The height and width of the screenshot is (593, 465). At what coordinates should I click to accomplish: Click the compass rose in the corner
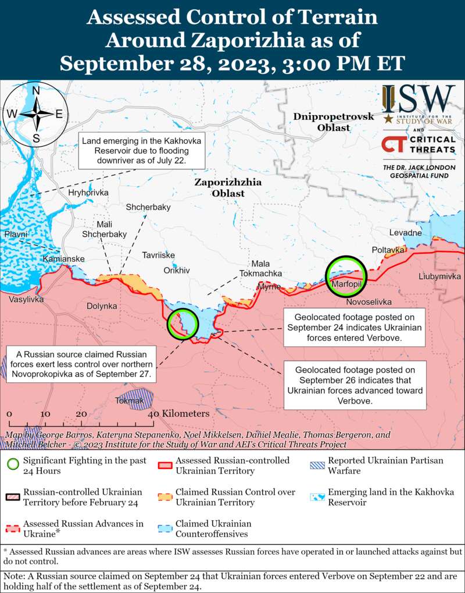coord(35,113)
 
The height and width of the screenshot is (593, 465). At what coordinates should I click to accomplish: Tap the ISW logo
coord(419,105)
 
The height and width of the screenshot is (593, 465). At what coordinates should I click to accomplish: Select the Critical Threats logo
coord(419,144)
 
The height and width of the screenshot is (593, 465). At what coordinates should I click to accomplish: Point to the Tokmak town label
coord(129,400)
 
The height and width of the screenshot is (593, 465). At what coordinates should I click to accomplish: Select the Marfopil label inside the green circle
coord(346,284)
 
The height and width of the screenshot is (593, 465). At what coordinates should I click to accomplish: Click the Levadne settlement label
coord(405,233)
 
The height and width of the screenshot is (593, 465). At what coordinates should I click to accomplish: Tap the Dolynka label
coord(102,306)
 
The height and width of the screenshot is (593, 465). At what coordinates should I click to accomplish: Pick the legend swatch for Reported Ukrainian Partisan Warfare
coord(317,465)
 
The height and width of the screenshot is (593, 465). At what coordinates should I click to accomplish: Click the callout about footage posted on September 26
coord(354,385)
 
